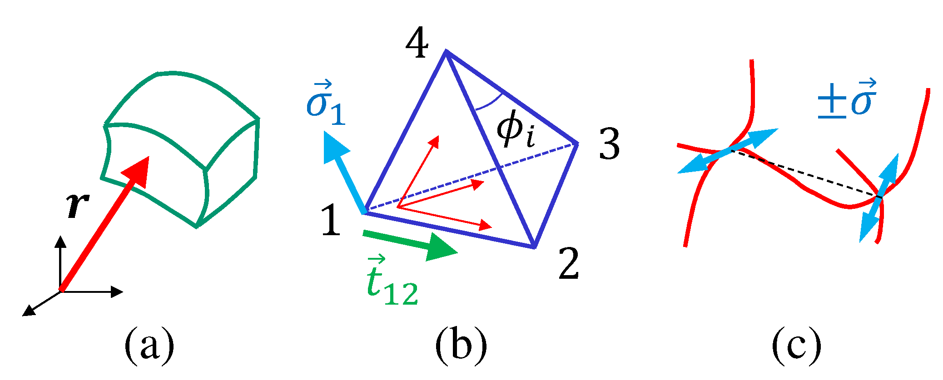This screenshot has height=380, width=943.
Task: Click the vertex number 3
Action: coord(609,144)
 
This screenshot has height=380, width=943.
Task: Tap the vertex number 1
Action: coord(331,220)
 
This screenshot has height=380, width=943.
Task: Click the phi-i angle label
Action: coord(515,131)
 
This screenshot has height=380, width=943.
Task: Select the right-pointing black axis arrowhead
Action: coord(117,292)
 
